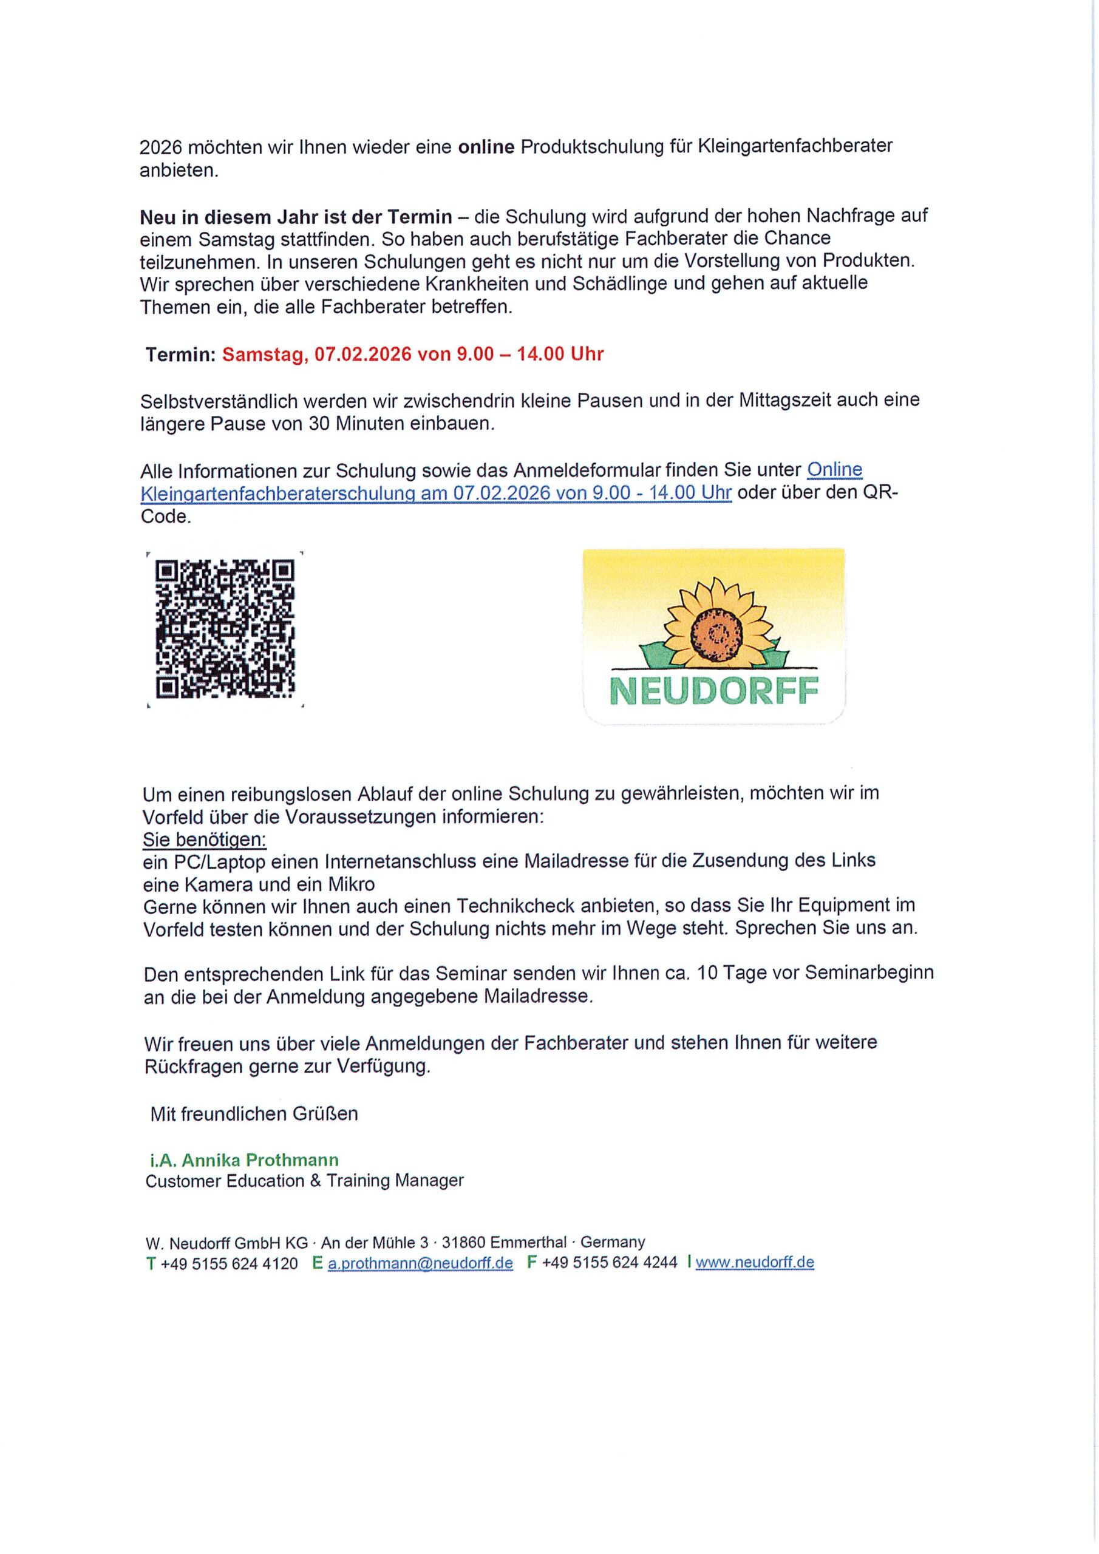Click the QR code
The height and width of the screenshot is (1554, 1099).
[x=225, y=629]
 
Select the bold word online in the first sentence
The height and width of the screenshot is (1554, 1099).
[x=486, y=147]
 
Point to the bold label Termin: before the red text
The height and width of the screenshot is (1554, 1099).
[x=180, y=354]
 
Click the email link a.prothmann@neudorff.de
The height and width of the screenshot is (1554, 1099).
[x=420, y=1262]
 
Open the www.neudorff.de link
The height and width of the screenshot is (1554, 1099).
[x=754, y=1262]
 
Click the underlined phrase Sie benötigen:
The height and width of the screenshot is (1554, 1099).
[x=205, y=840]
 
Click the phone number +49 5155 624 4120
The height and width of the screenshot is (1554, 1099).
[x=229, y=1263]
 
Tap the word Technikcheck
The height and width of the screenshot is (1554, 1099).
[x=517, y=906]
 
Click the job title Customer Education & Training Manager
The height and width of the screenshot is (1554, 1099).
[x=305, y=1181]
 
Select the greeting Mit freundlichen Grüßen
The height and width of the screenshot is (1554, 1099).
[x=254, y=1113]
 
